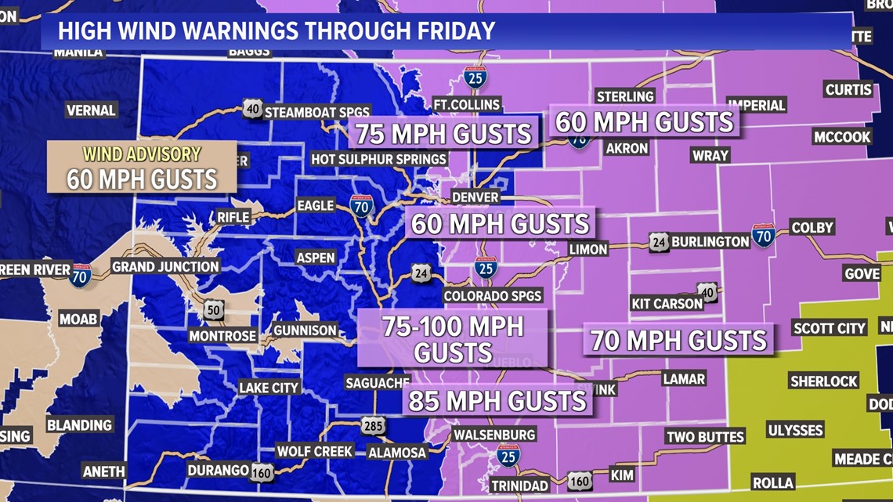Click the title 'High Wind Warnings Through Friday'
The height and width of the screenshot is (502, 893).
tap(277, 31)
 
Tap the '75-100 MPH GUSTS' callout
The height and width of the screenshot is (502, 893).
tap(453, 338)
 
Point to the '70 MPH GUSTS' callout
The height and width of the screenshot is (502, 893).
tap(678, 341)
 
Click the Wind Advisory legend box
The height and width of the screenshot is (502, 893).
tap(142, 167)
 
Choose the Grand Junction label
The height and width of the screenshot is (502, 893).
tap(165, 266)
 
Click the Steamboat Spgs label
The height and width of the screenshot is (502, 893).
tap(316, 112)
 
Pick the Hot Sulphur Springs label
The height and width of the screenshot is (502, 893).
tap(378, 159)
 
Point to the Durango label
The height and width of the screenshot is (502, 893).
tap(218, 470)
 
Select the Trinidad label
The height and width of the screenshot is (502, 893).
tap(519, 486)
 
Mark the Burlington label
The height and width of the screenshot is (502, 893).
tap(710, 241)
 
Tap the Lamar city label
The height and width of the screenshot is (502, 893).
tap(683, 379)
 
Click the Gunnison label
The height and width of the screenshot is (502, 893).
tap(305, 330)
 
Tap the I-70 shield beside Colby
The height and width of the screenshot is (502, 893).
tap(763, 235)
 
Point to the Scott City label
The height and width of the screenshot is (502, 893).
tap(829, 328)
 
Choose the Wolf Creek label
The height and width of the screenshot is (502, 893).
tap(314, 451)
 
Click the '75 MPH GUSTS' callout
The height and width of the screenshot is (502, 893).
tap(443, 134)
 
